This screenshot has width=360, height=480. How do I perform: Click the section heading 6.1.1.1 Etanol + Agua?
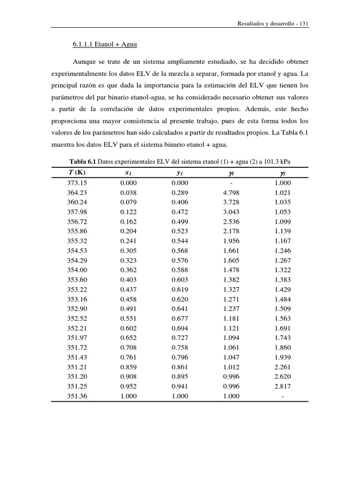pyautogui.click(x=105, y=45)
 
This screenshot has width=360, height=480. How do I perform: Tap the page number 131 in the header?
pyautogui.click(x=303, y=23)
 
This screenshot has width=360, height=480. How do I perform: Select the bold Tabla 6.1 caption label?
pyautogui.click(x=83, y=162)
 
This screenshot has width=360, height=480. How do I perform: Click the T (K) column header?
pyautogui.click(x=77, y=173)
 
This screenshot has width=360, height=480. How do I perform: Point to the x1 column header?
pyautogui.click(x=128, y=173)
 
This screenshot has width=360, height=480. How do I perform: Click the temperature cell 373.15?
pyautogui.click(x=77, y=183)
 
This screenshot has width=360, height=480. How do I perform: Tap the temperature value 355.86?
pyautogui.click(x=77, y=231)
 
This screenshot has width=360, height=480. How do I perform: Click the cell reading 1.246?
pyautogui.click(x=283, y=251)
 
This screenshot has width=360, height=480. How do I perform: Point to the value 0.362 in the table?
pyautogui.click(x=128, y=270)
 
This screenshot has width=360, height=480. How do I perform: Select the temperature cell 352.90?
pyautogui.click(x=77, y=309)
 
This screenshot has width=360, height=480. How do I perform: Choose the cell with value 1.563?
pyautogui.click(x=283, y=319)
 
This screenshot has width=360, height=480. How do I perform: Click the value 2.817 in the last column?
pyautogui.click(x=283, y=386)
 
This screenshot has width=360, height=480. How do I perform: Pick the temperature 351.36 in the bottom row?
pyautogui.click(x=77, y=396)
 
